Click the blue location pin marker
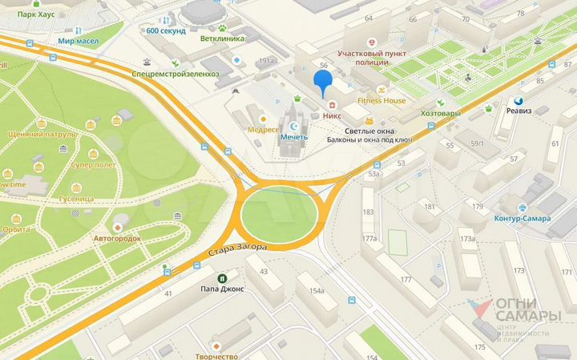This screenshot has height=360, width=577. pyautogui.click(x=322, y=83)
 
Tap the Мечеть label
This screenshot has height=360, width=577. pyautogui.click(x=293, y=137)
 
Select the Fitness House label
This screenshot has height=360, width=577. pyautogui.click(x=381, y=101)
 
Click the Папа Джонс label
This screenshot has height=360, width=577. pyautogui.click(x=223, y=289)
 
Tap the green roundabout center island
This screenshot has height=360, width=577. pyautogui.click(x=278, y=214)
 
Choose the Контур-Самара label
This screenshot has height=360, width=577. pyautogui.click(x=523, y=218)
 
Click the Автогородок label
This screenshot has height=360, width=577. pyautogui.click(x=118, y=238)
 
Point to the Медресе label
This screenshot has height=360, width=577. pyautogui.click(x=263, y=130)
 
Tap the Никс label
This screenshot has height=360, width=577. pyautogui.click(x=332, y=115)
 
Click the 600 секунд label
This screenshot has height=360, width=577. pyautogui.click(x=166, y=31)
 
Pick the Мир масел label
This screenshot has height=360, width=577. pyautogui.click(x=78, y=39)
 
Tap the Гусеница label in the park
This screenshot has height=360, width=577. pyautogui.click(x=77, y=198)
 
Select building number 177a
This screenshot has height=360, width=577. pyautogui.click(x=369, y=238)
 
